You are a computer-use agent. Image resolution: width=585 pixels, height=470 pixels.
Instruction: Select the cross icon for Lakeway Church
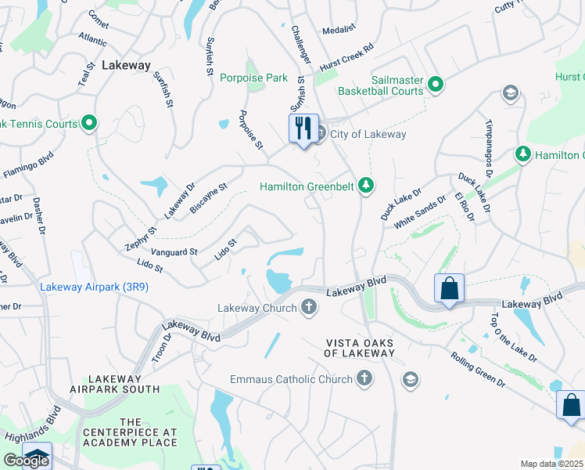[x=309, y=308]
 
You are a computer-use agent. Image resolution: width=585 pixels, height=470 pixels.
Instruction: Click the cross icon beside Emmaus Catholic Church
[x=363, y=380]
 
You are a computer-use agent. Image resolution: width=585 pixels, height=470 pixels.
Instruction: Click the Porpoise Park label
[x=254, y=78]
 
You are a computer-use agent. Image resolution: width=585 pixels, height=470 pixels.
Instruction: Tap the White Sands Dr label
[x=419, y=211]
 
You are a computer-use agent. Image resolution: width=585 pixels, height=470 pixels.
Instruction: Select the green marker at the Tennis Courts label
[x=89, y=123]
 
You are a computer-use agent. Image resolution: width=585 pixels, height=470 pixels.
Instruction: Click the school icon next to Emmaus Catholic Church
[x=410, y=380]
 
